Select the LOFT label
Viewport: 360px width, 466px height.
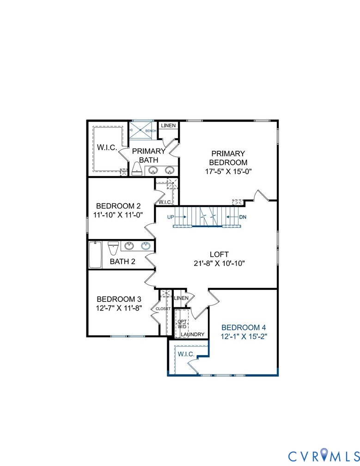[x=219, y=254]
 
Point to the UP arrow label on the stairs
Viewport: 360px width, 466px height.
[x=171, y=216]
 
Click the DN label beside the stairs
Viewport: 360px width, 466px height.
[x=243, y=216]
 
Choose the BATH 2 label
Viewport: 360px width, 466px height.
[x=122, y=262]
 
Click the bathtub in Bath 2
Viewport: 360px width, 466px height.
[x=95, y=254]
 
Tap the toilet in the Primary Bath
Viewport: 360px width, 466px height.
[x=137, y=169]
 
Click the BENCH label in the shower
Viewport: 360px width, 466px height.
[x=151, y=131]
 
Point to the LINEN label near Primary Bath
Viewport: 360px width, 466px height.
[x=168, y=125]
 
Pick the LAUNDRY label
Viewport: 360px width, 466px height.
[x=193, y=334]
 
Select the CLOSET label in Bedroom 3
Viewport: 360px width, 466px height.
[x=163, y=308]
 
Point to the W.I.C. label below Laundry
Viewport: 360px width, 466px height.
[x=186, y=354]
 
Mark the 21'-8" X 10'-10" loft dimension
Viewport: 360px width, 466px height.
[x=219, y=264]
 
